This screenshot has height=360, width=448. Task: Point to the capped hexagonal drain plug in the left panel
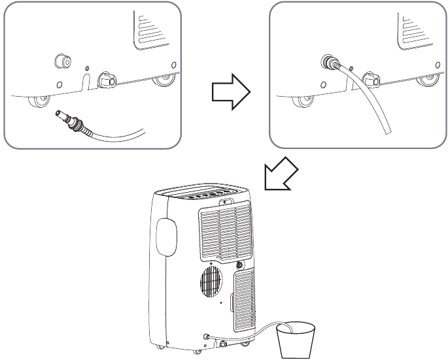pos(106,81)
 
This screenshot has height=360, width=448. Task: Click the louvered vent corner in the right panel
pos(419,29)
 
